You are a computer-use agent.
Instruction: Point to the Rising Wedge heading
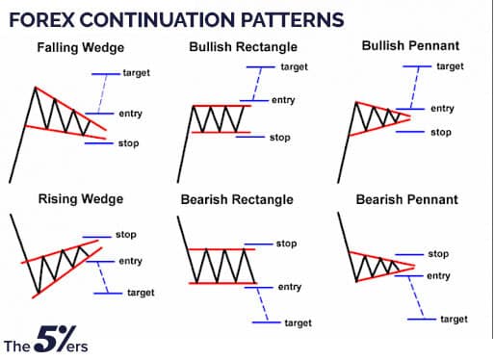click(x=80, y=199)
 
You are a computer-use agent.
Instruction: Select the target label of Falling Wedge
click(x=136, y=73)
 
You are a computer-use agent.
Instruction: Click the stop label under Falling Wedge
click(x=128, y=143)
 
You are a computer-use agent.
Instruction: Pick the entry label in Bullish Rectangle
click(x=283, y=100)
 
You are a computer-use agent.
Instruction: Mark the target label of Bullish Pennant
click(x=450, y=66)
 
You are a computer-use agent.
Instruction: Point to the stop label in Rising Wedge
click(x=126, y=234)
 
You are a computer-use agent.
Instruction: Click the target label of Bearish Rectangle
click(x=298, y=322)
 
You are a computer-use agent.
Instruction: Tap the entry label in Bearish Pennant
click(x=438, y=276)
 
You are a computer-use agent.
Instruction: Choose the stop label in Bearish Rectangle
click(x=286, y=244)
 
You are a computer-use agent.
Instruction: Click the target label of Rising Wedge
click(x=141, y=292)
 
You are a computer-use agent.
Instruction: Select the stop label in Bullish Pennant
click(x=440, y=132)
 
